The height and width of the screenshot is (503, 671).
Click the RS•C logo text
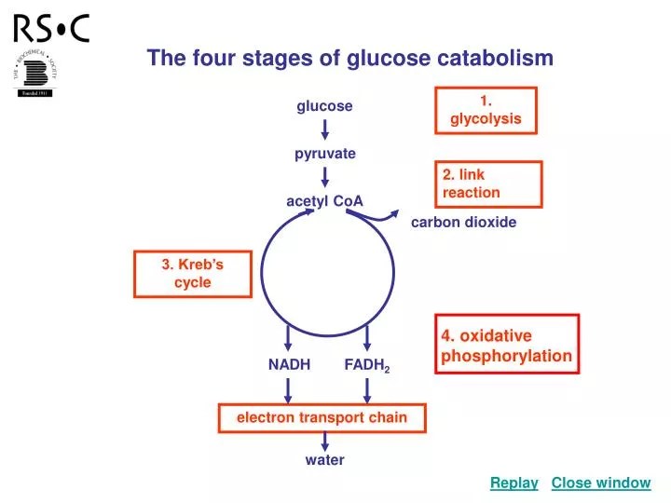pyautogui.click(x=51, y=29)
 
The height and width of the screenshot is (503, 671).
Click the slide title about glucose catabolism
pyautogui.click(x=349, y=58)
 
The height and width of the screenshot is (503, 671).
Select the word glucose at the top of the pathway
pyautogui.click(x=324, y=106)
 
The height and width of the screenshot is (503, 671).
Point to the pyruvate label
pyautogui.click(x=325, y=154)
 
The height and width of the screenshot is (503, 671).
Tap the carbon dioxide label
pyautogui.click(x=463, y=223)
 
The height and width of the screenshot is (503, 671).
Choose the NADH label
pyautogui.click(x=289, y=364)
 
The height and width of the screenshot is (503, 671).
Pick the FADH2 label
pyautogui.click(x=366, y=365)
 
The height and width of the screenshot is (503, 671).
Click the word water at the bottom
pyautogui.click(x=324, y=460)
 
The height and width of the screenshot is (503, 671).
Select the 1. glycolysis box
pyautogui.click(x=486, y=111)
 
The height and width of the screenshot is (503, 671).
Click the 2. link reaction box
pyautogui.click(x=488, y=184)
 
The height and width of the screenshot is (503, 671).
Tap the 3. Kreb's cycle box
pyautogui.click(x=193, y=274)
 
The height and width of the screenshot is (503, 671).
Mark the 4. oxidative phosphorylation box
pyautogui.click(x=506, y=345)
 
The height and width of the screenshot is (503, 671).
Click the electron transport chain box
pyautogui.click(x=322, y=417)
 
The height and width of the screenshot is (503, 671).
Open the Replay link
pyautogui.click(x=514, y=483)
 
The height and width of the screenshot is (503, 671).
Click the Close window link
pyautogui.click(x=600, y=483)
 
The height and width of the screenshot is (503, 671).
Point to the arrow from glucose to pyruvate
pyautogui.click(x=324, y=129)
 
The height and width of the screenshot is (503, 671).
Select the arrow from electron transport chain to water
pyautogui.click(x=324, y=441)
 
